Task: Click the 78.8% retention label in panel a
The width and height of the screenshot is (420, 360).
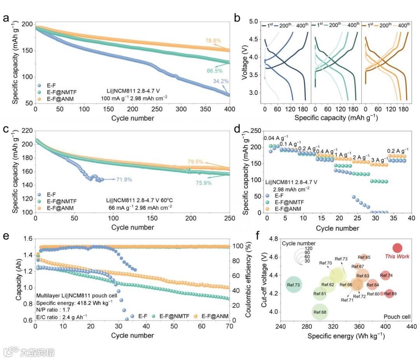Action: [x=213, y=40]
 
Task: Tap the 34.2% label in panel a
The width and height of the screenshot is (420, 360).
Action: [x=220, y=81]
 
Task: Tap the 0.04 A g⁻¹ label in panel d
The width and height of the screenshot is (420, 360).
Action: [x=276, y=138]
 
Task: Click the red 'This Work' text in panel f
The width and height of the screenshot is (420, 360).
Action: [x=397, y=256]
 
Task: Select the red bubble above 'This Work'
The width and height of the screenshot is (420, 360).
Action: [x=397, y=248]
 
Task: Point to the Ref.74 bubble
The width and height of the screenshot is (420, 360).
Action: [x=386, y=276]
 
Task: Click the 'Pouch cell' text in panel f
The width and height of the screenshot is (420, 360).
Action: [x=396, y=317]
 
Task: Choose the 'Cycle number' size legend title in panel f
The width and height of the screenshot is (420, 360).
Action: [x=296, y=243]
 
